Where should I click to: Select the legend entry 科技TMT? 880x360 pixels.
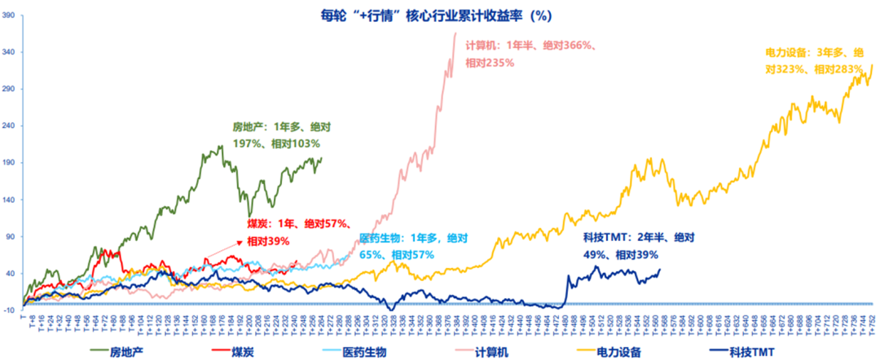[746, 352]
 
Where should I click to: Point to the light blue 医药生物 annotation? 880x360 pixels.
[413, 246]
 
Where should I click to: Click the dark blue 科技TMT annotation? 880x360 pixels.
[638, 245]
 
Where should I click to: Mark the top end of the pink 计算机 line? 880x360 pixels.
[455, 33]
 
